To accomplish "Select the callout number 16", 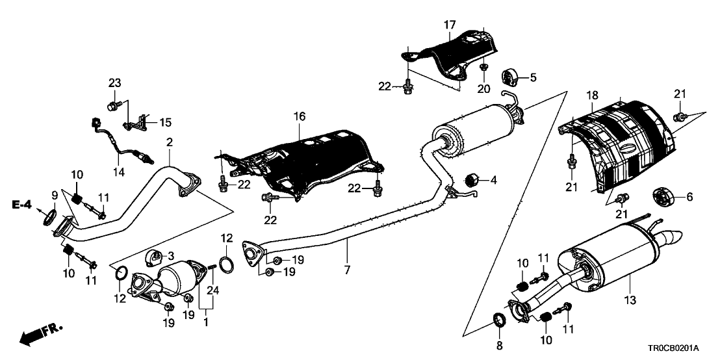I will click(298, 118).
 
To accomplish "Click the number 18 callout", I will click(592, 96).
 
